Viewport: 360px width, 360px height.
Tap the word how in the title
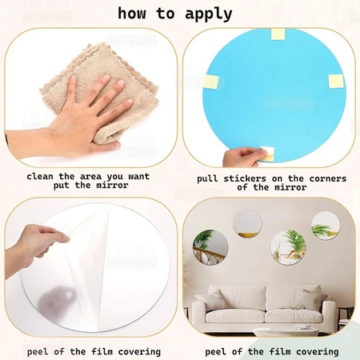132,13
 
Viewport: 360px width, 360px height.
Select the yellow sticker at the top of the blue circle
278,34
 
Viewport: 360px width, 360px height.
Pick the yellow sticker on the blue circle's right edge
336,81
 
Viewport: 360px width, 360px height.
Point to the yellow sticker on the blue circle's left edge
211,82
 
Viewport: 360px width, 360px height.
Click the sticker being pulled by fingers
267,154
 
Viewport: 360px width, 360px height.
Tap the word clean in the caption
40,177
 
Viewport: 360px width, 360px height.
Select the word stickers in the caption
245,178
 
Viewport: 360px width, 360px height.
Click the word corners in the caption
328,178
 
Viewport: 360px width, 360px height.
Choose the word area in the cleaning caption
91,177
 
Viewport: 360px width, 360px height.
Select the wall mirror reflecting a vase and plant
288,248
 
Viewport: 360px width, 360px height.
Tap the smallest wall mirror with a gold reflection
247,223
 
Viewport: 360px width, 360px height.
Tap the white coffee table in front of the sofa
286,332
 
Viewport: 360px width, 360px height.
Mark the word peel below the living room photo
215,352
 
